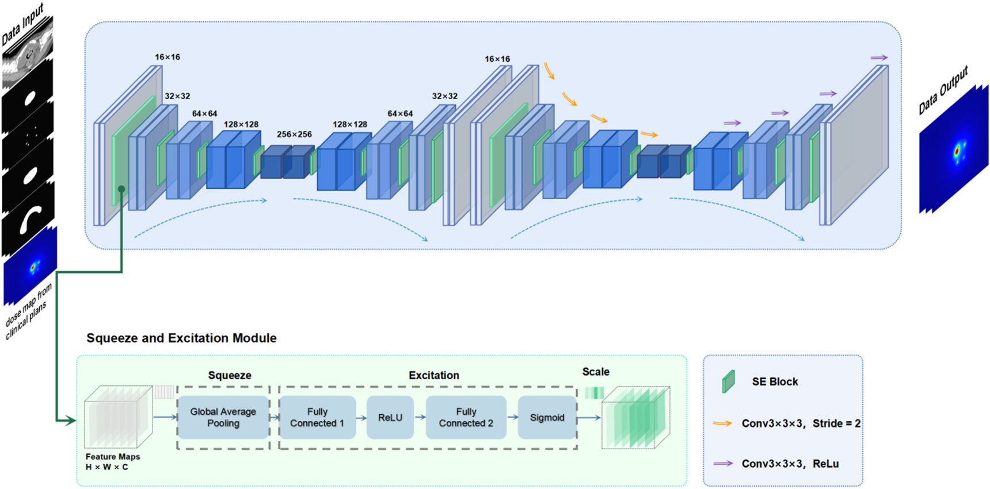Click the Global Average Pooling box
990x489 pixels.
(223, 418)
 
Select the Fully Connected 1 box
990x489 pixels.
(317, 418)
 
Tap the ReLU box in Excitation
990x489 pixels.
(390, 418)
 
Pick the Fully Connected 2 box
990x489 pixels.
(466, 418)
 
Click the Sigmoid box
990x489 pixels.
(547, 418)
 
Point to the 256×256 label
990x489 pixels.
(294, 134)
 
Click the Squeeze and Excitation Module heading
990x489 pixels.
(181, 338)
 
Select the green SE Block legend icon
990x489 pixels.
(729, 381)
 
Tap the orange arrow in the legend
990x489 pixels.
(722, 423)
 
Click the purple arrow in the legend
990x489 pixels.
(722, 463)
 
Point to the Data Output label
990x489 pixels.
(943, 90)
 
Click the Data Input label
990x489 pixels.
(22, 24)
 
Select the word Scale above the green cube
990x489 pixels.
(596, 372)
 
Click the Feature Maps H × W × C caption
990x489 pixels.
(113, 462)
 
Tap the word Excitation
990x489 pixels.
(434, 376)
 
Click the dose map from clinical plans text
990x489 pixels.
(29, 312)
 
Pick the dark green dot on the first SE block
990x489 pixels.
(121, 189)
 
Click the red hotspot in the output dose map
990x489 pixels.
(957, 151)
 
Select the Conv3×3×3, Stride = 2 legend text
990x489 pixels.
(801, 423)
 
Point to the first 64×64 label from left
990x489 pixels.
(204, 113)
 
